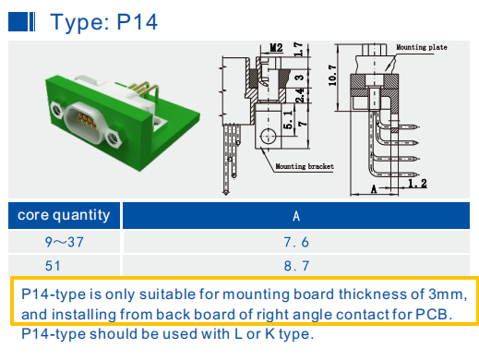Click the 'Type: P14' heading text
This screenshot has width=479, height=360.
[104, 22]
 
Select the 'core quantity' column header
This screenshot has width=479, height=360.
[64, 215]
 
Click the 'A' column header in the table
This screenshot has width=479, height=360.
[296, 216]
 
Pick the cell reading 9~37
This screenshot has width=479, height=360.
[65, 242]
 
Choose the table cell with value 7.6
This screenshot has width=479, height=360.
[296, 242]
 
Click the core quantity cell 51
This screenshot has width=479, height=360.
[53, 266]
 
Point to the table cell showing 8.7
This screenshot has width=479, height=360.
[296, 266]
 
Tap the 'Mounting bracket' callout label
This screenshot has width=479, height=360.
[305, 166]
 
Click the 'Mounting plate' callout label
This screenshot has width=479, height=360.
[422, 47]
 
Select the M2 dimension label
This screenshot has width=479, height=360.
[276, 48]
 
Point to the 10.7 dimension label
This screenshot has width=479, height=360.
[332, 75]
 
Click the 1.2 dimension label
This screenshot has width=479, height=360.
[417, 184]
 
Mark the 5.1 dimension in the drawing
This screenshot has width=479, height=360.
[288, 120]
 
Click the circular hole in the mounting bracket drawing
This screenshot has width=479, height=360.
[268, 136]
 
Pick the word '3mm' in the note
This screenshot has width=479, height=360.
[446, 294]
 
